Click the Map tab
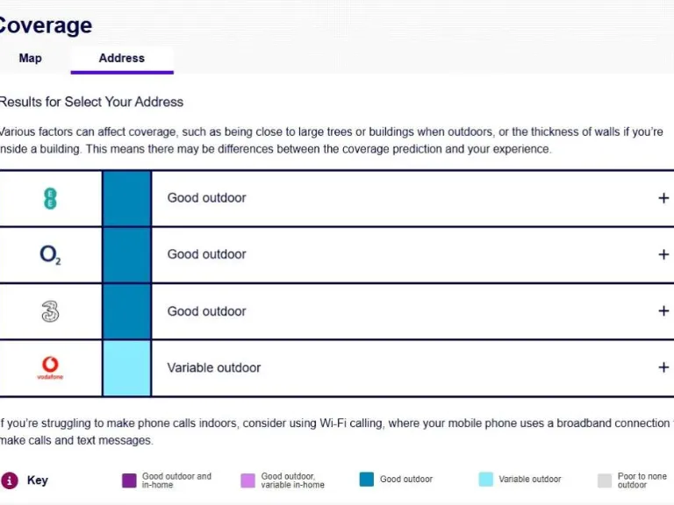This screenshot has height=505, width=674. [x=30, y=58]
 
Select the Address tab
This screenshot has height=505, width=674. [x=121, y=58]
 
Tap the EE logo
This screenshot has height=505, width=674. [x=50, y=198]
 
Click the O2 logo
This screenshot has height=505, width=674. [x=50, y=255]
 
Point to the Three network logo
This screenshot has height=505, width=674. [x=50, y=311]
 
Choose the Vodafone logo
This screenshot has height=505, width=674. [x=50, y=367]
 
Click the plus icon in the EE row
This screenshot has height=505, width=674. [x=663, y=198]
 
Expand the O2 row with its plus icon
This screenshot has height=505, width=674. [x=663, y=254]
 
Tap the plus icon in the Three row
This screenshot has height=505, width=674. [x=663, y=311]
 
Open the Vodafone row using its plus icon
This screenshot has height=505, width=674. [x=663, y=367]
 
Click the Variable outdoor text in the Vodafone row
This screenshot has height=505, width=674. [x=213, y=367]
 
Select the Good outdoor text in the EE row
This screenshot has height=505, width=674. [x=206, y=198]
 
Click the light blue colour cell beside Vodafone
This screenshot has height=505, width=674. [x=126, y=367]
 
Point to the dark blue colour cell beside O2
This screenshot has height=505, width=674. [x=126, y=254]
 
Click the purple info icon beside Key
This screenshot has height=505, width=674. [x=10, y=480]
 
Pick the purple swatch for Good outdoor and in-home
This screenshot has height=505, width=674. [x=129, y=480]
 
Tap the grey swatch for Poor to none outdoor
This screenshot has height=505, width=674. [x=605, y=480]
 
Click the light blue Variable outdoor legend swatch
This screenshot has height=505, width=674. [x=485, y=480]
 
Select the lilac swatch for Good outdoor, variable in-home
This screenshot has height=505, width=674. [x=247, y=480]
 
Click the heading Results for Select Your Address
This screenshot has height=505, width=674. [x=91, y=102]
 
